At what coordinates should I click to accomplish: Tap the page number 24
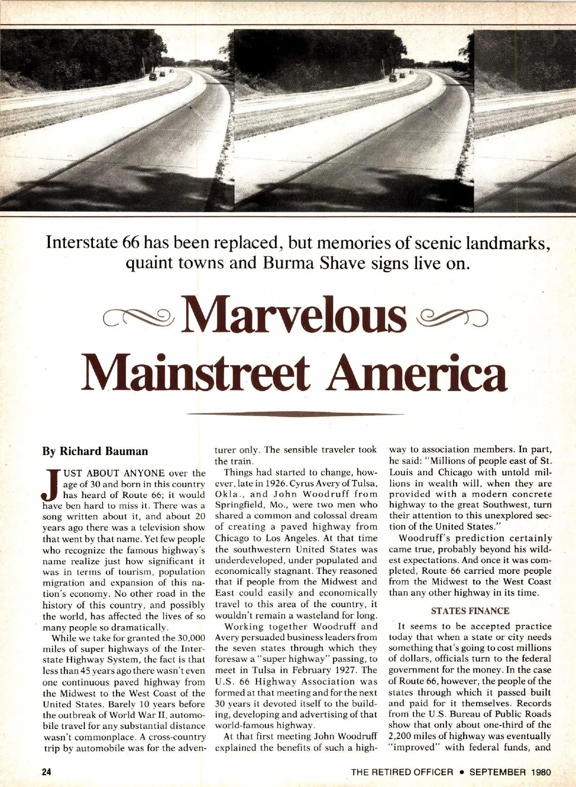pyautogui.click(x=46, y=772)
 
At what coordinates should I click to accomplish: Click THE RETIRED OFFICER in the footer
pyautogui.click(x=402, y=772)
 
